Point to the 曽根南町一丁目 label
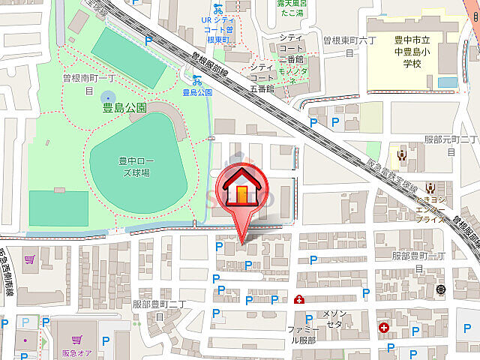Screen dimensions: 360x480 point(88,82)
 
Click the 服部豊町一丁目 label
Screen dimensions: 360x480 point(420,262)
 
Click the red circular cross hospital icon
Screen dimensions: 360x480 point(384,328)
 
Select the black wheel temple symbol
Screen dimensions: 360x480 point(440,289)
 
